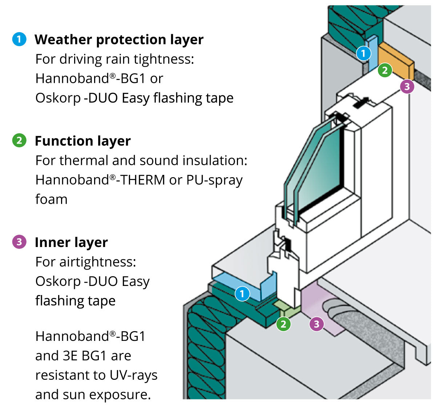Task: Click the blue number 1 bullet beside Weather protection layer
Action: pos(19,39)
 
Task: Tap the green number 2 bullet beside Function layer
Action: pos(19,140)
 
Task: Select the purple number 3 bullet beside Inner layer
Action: pos(19,242)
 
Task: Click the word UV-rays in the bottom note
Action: pos(134,375)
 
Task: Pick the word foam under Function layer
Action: pos(51,199)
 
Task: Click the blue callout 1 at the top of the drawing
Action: pos(363,53)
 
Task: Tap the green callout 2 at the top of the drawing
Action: pos(385,70)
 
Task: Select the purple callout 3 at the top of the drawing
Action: pos(407,86)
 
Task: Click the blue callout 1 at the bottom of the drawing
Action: pos(242,294)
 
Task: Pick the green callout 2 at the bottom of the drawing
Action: pos(283,324)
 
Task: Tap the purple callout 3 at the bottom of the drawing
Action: pos(316,324)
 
